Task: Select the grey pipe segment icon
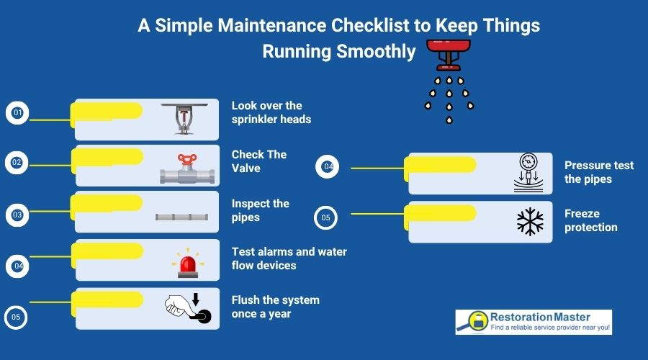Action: (x=182, y=216)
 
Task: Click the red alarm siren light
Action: (x=188, y=263)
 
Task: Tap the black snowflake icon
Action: (x=530, y=222)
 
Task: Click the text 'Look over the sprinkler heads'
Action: (x=271, y=112)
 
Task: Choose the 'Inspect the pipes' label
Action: (x=260, y=210)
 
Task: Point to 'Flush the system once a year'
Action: (x=275, y=307)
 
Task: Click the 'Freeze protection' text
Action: (x=590, y=220)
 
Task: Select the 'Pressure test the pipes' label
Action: (x=598, y=172)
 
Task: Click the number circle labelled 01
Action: (x=17, y=113)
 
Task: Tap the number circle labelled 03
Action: (x=17, y=215)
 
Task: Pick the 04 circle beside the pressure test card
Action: (x=328, y=167)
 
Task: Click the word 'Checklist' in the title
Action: (x=377, y=27)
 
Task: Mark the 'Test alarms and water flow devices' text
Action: (x=289, y=258)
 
